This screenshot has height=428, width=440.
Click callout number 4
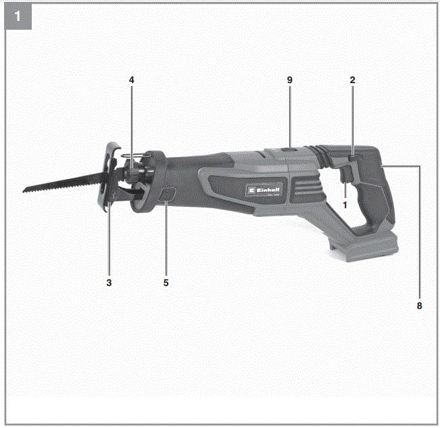tap(132, 80)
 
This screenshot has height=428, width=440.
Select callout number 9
tap(289, 80)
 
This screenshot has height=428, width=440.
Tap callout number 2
tap(352, 80)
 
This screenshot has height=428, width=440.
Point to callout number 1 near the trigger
tap(344, 204)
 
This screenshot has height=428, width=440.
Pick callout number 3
tap(108, 281)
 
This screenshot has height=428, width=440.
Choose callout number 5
tap(166, 281)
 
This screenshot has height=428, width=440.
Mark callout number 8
tap(419, 306)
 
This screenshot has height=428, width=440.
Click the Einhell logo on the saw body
tap(263, 193)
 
